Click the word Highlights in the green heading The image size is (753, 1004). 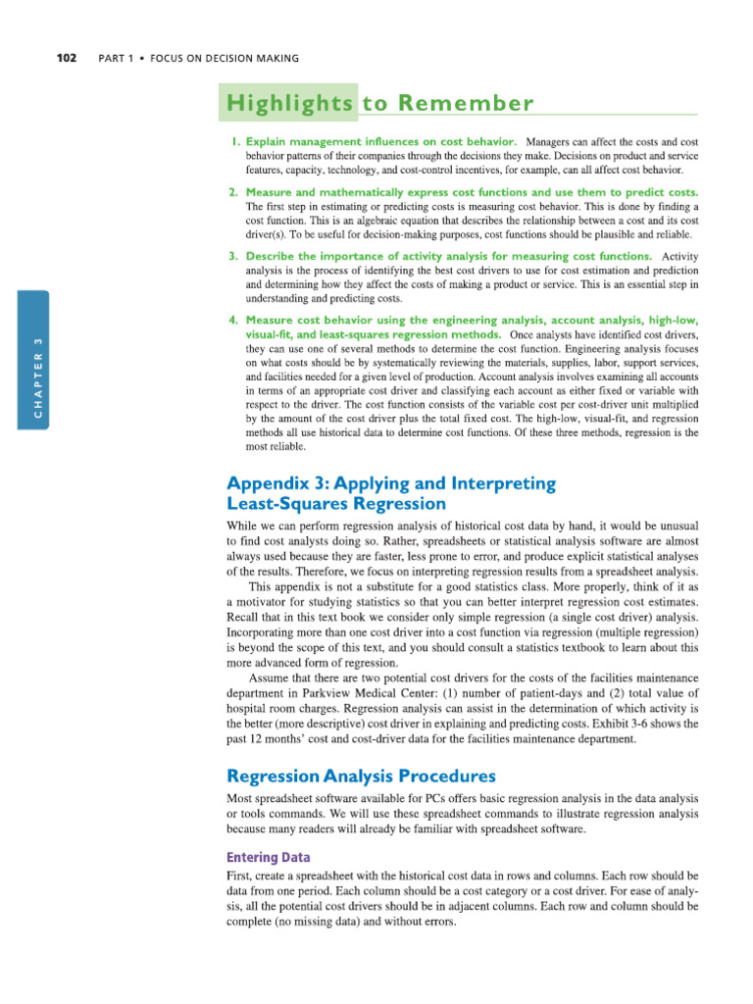pyautogui.click(x=289, y=104)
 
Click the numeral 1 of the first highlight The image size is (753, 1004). pyautogui.click(x=232, y=142)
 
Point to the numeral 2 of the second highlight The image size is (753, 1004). pyautogui.click(x=232, y=192)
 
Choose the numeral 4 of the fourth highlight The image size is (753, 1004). pyautogui.click(x=232, y=321)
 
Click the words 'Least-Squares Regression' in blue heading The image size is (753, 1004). pyautogui.click(x=336, y=504)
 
